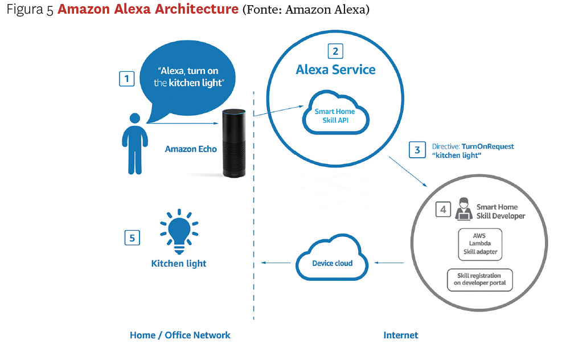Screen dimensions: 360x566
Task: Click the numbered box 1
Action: click(126, 78)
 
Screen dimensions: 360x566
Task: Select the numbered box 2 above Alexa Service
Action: click(335, 51)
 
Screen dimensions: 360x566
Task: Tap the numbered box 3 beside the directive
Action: click(417, 150)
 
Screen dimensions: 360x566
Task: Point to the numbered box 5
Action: click(132, 238)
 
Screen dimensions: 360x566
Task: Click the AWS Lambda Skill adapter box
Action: click(480, 243)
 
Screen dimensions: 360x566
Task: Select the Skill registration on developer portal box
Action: click(479, 280)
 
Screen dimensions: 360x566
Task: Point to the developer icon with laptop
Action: click(463, 209)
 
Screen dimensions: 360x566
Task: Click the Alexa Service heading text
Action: click(335, 70)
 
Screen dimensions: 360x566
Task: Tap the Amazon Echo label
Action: click(191, 149)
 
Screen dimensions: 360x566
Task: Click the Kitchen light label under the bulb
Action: click(179, 264)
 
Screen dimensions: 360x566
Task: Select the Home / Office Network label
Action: click(180, 335)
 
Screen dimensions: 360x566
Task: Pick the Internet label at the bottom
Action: click(400, 335)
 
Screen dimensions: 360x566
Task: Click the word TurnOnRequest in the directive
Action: click(488, 146)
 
